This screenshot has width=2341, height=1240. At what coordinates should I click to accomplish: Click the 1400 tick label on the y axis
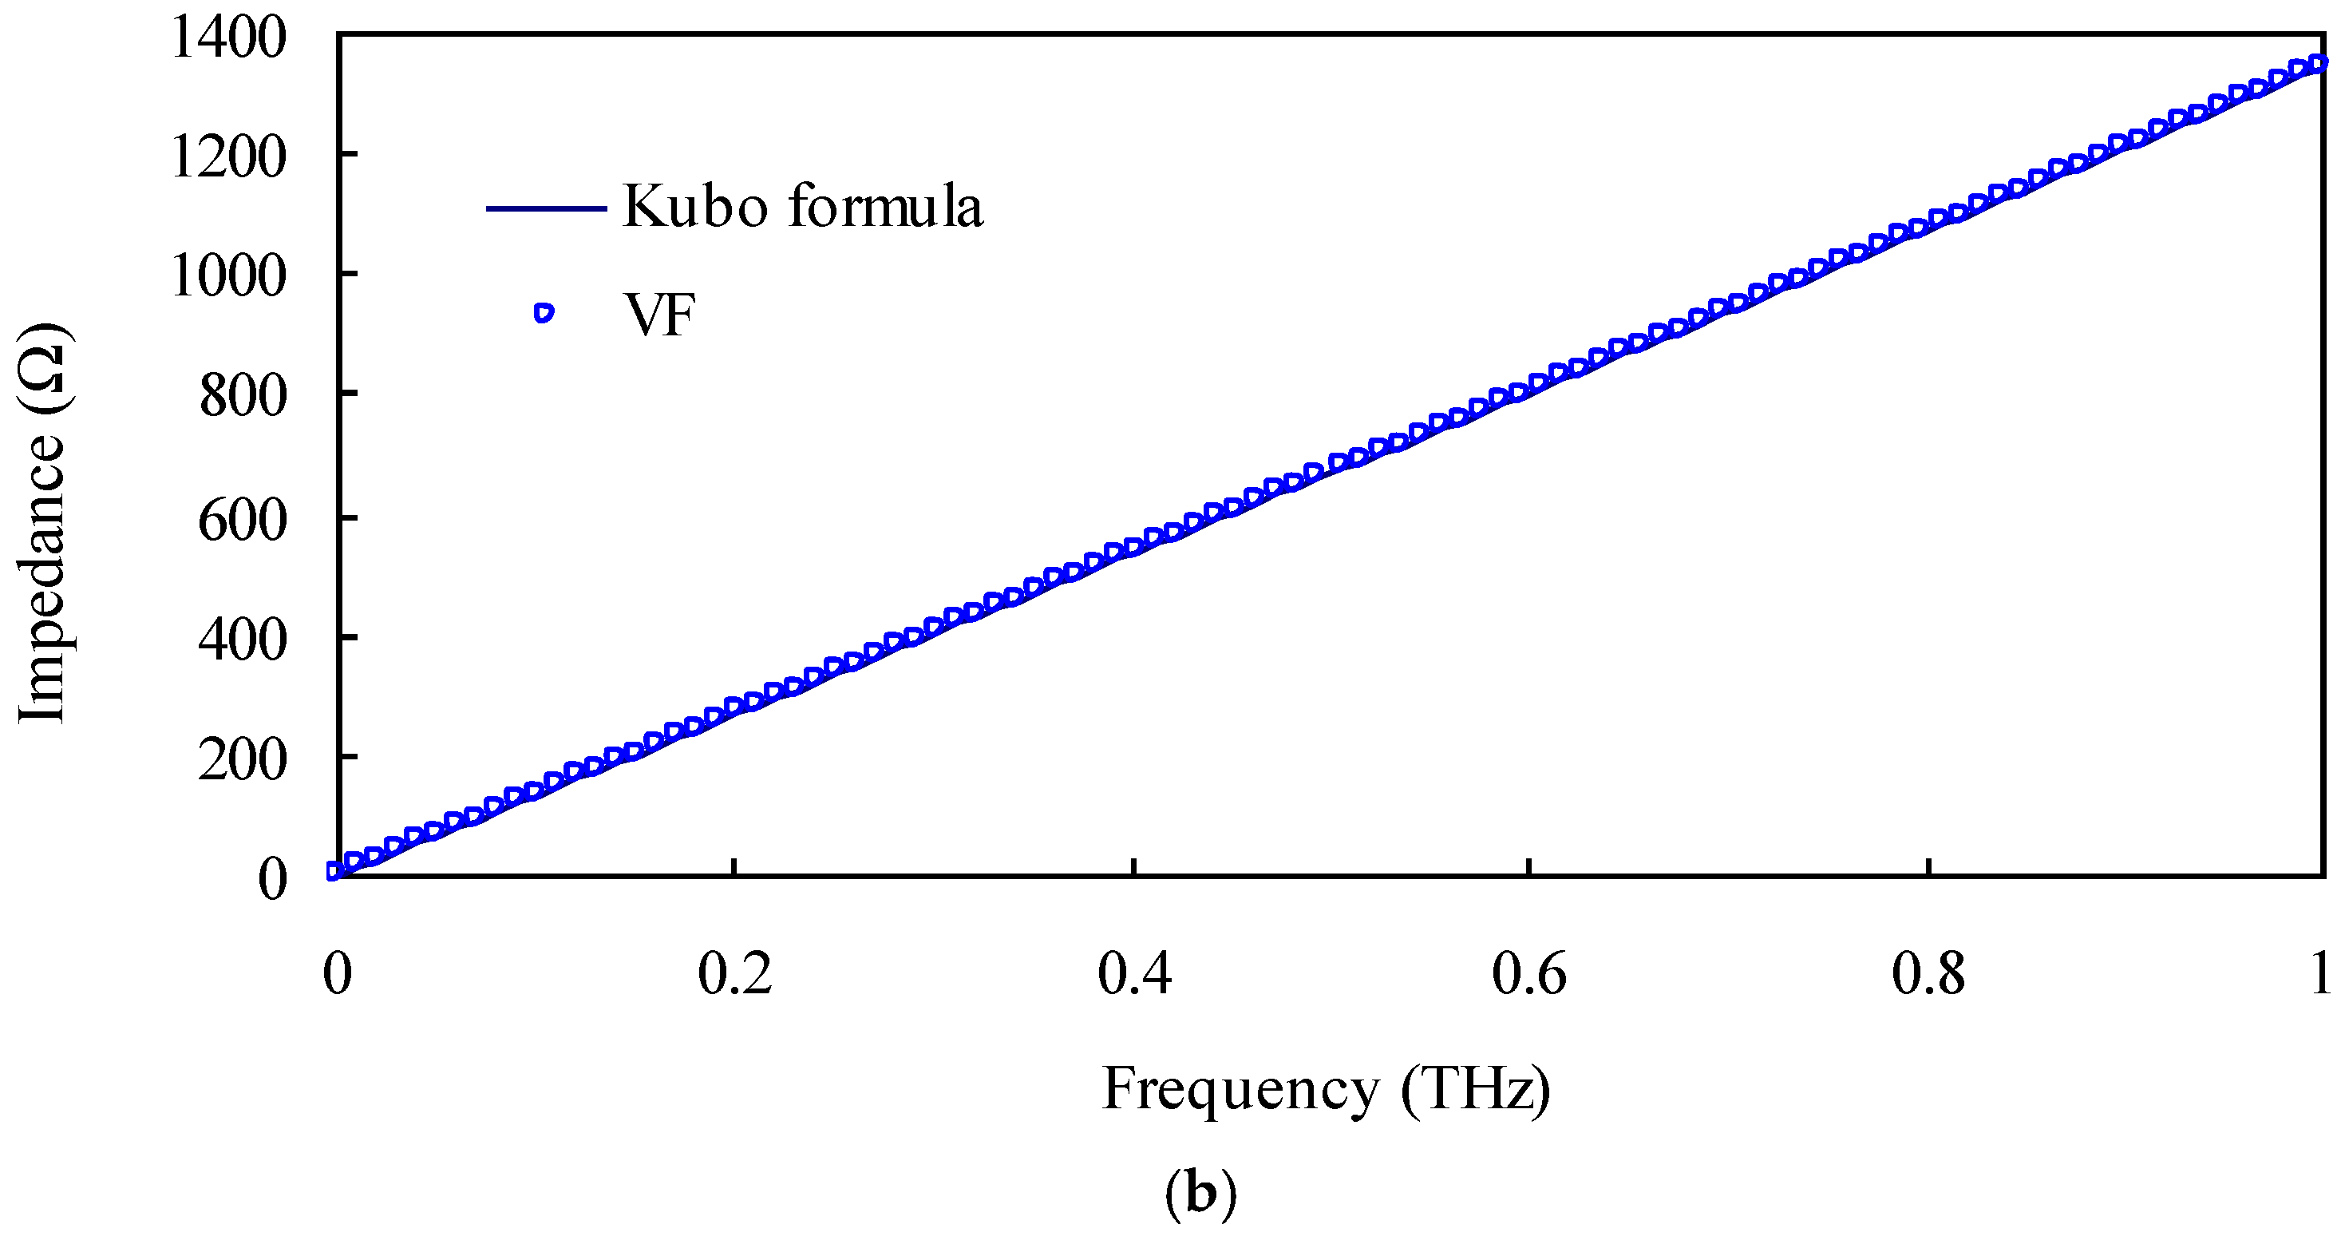click(228, 40)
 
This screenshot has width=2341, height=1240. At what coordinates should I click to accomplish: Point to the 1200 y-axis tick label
click(228, 158)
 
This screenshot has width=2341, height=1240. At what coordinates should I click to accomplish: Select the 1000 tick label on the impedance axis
click(228, 276)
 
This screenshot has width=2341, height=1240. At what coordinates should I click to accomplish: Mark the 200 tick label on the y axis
click(243, 759)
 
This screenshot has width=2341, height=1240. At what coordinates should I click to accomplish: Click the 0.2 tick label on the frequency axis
click(734, 973)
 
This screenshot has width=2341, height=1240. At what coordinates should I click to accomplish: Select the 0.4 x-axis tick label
click(1134, 973)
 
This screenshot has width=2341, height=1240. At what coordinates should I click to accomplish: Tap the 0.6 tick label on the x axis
click(1529, 973)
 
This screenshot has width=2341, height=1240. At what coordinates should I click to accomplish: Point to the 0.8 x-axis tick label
click(1928, 973)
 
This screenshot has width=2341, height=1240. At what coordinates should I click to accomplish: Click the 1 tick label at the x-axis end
click(2320, 973)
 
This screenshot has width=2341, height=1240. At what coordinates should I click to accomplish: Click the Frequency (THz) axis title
click(1326, 1090)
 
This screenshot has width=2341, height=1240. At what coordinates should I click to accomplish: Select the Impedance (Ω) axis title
click(43, 522)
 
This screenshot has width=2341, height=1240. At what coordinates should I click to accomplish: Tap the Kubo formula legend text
click(802, 206)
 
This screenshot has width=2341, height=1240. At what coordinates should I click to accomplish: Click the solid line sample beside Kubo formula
click(546, 208)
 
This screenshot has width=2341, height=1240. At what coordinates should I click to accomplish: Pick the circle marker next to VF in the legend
click(544, 313)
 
